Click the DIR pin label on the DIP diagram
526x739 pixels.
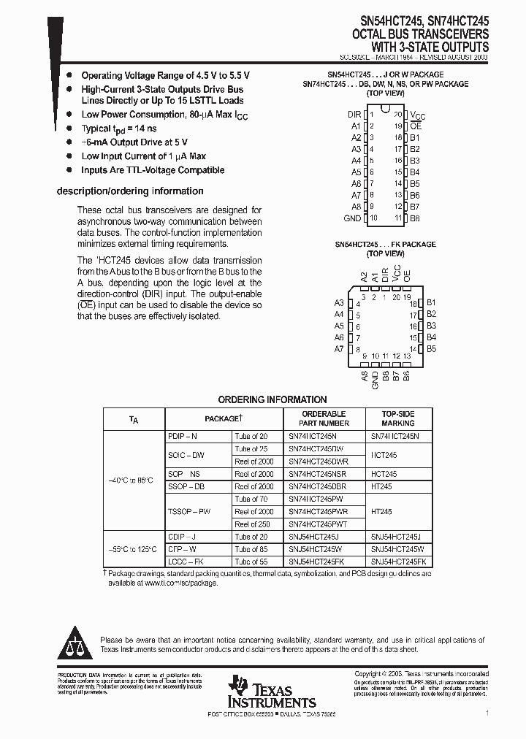pyautogui.click(x=354, y=115)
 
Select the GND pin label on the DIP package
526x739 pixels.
pyautogui.click(x=352, y=218)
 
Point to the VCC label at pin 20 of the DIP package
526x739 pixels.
pyautogui.click(x=417, y=115)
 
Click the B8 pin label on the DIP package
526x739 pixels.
pyautogui.click(x=415, y=218)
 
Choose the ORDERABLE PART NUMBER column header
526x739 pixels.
pyautogui.click(x=324, y=418)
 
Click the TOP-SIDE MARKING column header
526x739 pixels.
pyautogui.click(x=397, y=418)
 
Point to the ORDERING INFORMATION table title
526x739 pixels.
pyautogui.click(x=272, y=399)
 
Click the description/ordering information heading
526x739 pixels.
pyautogui.click(x=130, y=191)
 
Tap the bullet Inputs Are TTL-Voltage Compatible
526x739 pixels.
pyautogui.click(x=153, y=170)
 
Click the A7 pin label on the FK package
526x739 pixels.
pyautogui.click(x=339, y=349)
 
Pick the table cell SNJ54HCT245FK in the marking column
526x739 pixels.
pyautogui.click(x=397, y=562)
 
